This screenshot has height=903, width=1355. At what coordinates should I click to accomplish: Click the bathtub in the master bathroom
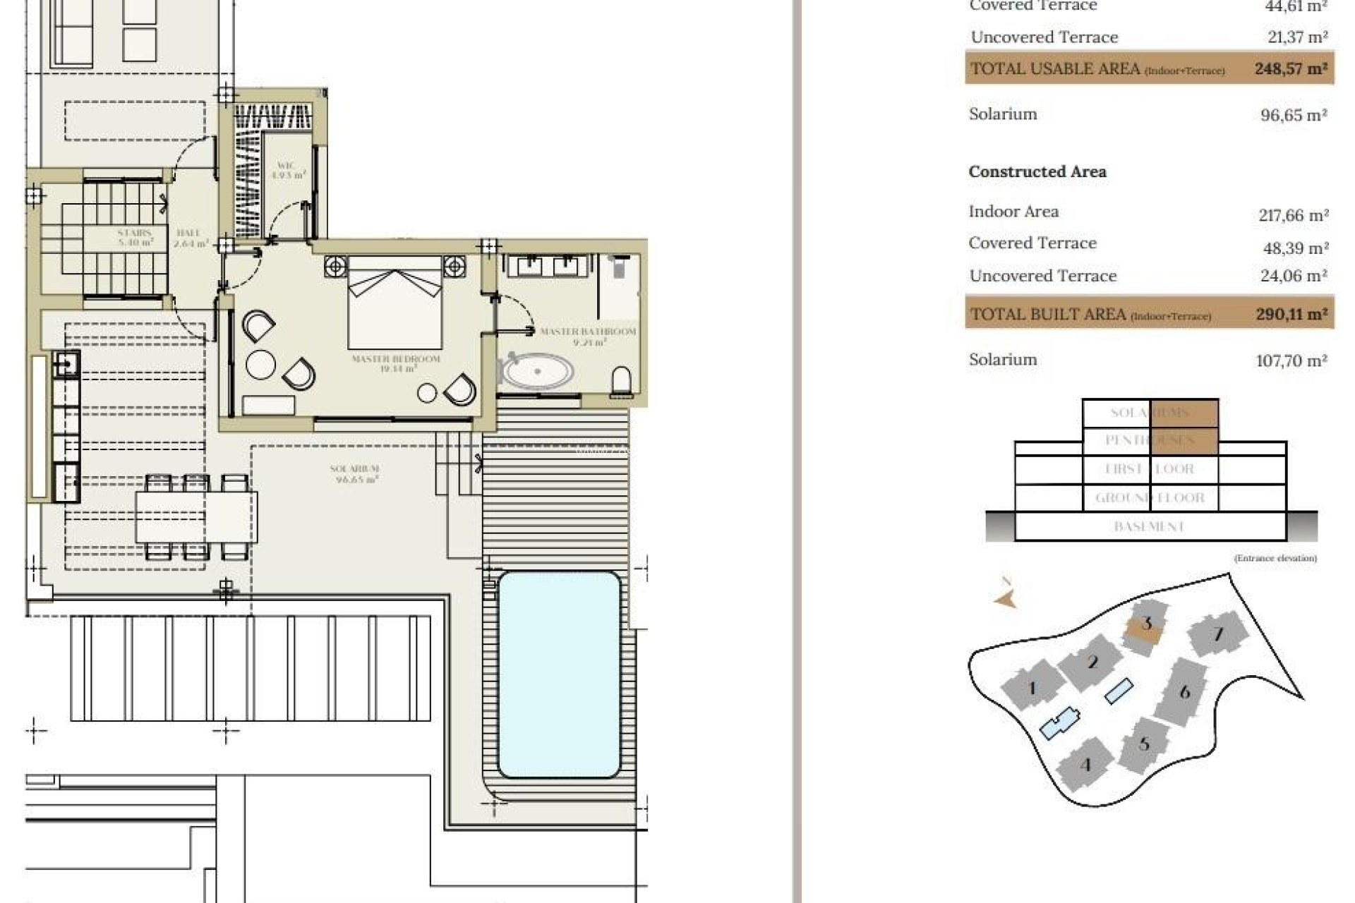[x=537, y=372]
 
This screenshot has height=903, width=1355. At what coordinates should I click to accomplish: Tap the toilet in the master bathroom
[x=621, y=381]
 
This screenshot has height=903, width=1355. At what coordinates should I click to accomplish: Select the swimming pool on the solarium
[x=559, y=674]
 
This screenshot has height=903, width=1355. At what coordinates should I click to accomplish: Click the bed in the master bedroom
[x=395, y=303]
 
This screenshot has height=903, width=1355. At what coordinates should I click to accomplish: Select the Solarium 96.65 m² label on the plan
[x=355, y=473]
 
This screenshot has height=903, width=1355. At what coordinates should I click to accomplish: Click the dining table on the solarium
[x=196, y=516]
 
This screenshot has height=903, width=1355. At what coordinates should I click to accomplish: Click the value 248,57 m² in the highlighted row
[x=1291, y=69]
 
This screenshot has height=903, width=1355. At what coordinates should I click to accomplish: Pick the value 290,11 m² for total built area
[x=1291, y=315]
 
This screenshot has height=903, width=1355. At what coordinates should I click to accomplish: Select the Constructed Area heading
[x=1037, y=171]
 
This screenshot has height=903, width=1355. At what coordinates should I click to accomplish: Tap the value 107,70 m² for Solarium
[x=1291, y=360]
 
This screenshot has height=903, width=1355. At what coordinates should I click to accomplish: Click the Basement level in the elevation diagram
[x=1149, y=526]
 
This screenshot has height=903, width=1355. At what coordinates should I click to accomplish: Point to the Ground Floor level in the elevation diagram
[x=1150, y=498]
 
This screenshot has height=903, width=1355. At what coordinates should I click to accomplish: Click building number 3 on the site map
[x=1146, y=624]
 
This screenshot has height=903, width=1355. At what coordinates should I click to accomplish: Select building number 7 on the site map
[x=1218, y=634]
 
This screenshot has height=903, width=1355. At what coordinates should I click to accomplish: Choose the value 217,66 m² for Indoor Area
[x=1293, y=215]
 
